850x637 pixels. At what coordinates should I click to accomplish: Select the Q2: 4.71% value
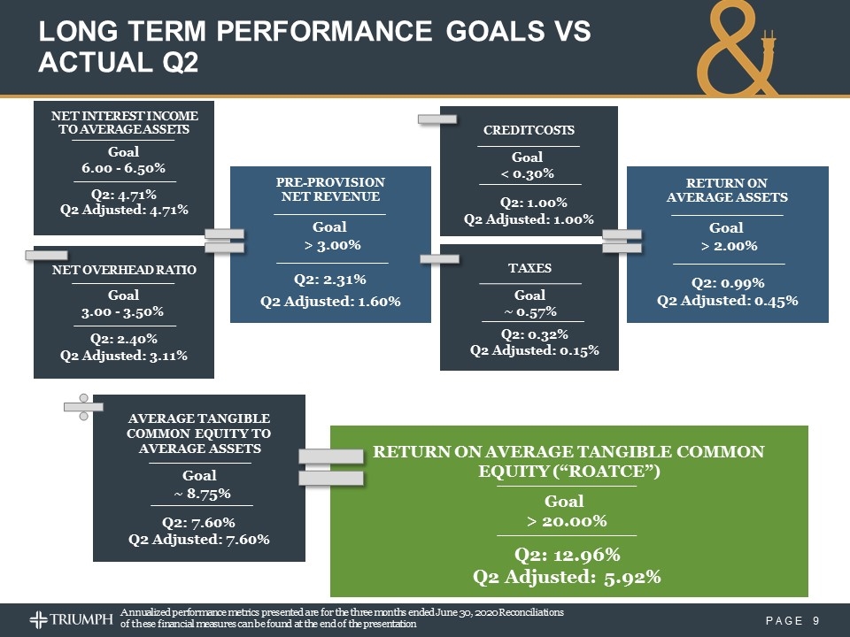pyautogui.click(x=123, y=194)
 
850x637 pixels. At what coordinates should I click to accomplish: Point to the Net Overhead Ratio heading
pyautogui.click(x=123, y=268)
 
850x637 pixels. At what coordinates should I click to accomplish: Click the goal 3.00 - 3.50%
pyautogui.click(x=123, y=312)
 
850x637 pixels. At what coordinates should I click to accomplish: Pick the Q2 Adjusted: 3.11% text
pyautogui.click(x=123, y=356)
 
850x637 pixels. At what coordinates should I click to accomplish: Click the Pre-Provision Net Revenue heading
pyautogui.click(x=330, y=188)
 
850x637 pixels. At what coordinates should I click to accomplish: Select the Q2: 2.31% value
pyautogui.click(x=330, y=280)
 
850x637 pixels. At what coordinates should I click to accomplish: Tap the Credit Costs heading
pyautogui.click(x=529, y=130)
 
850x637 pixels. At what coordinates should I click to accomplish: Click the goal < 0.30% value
pyautogui.click(x=528, y=173)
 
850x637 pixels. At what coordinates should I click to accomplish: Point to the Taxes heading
pyautogui.click(x=529, y=267)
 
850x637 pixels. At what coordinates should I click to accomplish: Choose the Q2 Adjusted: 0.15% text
pyautogui.click(x=534, y=350)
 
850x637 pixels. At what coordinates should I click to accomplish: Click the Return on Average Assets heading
pyautogui.click(x=727, y=189)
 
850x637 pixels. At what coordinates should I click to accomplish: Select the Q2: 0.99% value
pyautogui.click(x=727, y=283)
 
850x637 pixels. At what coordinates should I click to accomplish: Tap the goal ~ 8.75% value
pyautogui.click(x=199, y=493)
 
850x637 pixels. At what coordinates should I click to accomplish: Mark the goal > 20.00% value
pyautogui.click(x=567, y=520)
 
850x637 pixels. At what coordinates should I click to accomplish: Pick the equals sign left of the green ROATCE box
pyautogui.click(x=331, y=467)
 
